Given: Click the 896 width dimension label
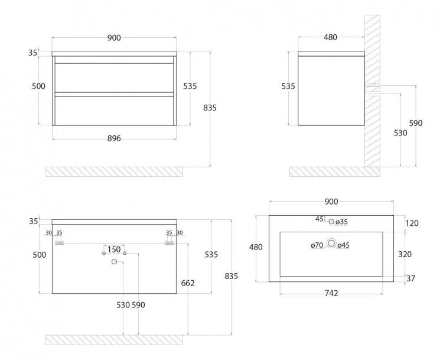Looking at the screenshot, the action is [x=114, y=138].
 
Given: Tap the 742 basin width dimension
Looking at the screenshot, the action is [x=331, y=293].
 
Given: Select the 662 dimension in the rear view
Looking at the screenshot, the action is [x=188, y=283].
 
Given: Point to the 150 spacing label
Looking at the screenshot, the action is [x=114, y=249].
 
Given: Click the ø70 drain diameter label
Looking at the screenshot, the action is [x=317, y=245].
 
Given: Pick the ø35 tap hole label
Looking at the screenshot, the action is [x=341, y=222].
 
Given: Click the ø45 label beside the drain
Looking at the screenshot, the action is [x=344, y=245].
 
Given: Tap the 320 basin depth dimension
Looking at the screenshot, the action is [x=405, y=254].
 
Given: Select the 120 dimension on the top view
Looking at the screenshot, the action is [x=412, y=223].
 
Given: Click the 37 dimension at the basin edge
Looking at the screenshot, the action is [x=411, y=278].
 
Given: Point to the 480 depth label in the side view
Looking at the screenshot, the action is [x=330, y=37].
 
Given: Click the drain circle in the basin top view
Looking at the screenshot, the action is [x=331, y=243].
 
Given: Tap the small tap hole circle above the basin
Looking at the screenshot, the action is [x=331, y=222].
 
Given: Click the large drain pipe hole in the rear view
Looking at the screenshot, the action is [x=114, y=262].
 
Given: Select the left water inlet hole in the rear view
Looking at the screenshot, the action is [x=104, y=253].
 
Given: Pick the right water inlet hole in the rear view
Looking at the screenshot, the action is [x=125, y=253].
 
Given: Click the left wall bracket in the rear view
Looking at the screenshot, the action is [x=59, y=243].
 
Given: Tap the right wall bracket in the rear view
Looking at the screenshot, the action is [x=170, y=243].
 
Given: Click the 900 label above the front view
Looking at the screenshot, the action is [x=114, y=38].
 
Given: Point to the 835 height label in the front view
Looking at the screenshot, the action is [x=210, y=108].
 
